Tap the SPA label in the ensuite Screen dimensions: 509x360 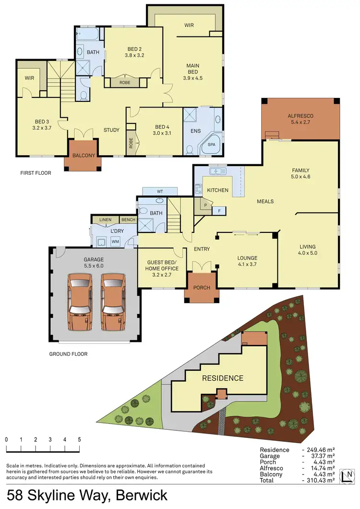tap(211, 144)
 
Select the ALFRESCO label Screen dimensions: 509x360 tap(300, 116)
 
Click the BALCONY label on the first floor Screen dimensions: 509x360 tap(84, 156)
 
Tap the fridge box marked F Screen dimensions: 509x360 tap(219, 210)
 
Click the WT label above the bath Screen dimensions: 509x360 tap(160, 192)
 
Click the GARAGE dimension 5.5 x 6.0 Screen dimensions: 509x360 tap(93, 266)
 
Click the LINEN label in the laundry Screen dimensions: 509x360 tap(105, 220)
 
